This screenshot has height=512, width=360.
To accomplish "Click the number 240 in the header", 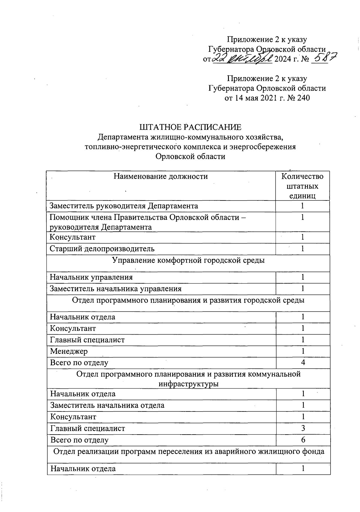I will (x=303, y=98).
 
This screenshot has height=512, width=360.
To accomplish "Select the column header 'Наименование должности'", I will (x=160, y=176).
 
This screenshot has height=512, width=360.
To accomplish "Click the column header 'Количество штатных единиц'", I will (x=302, y=186).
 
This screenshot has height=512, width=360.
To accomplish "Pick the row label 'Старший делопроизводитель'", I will (x=102, y=248).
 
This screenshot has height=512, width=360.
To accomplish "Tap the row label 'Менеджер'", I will (x=69, y=351).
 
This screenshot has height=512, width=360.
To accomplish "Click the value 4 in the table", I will (x=303, y=363).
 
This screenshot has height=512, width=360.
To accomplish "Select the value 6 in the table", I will (x=303, y=440).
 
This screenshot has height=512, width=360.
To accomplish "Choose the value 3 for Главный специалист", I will (x=303, y=428).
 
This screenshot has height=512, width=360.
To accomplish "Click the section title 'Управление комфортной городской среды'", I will (x=188, y=260).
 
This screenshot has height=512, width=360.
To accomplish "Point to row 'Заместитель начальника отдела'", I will (x=107, y=405).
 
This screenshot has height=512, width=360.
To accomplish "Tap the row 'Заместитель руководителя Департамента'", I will (x=124, y=206).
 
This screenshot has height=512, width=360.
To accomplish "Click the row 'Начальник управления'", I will (x=91, y=277).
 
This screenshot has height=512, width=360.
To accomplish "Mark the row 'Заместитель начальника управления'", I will (x=115, y=289).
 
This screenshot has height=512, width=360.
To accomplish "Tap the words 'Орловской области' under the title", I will (x=190, y=156).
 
